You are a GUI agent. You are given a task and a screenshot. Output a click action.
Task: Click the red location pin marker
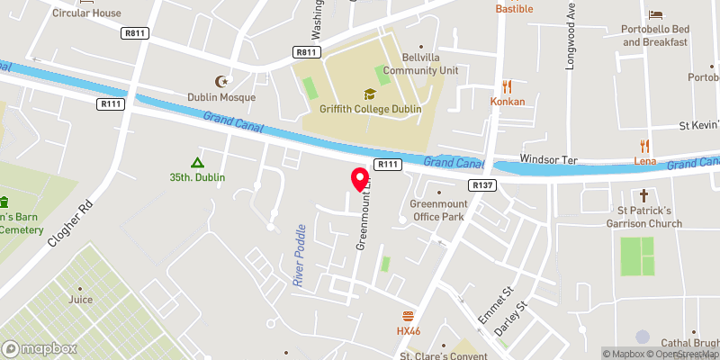tap(360, 176)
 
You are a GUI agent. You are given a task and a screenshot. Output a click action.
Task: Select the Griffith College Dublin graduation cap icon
tap(369, 94)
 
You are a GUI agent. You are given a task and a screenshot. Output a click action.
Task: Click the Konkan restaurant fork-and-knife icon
tap(508, 86)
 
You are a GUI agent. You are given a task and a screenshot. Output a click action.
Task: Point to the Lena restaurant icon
tap(644, 146)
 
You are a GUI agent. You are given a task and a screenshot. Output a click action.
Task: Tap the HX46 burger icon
tap(409, 316)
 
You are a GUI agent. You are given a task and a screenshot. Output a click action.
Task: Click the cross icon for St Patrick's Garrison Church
tap(644, 195)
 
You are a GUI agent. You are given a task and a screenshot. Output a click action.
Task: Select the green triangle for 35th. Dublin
tap(197, 162)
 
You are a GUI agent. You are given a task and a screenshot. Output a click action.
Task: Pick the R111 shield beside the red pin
tap(388, 164)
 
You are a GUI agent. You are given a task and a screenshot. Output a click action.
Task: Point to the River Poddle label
tap(300, 256)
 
